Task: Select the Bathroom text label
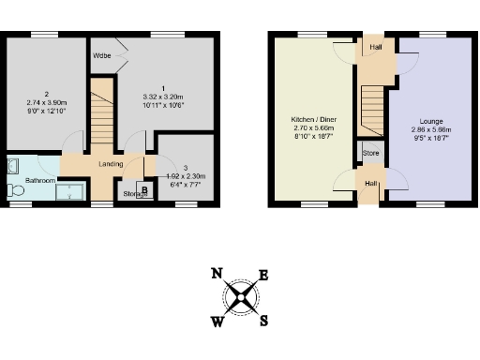[39, 179]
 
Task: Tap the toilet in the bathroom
[14, 190]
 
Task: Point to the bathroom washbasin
[13, 166]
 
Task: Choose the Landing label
[111, 164]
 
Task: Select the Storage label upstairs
[135, 194]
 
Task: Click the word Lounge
[430, 122]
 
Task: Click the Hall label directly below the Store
[370, 184]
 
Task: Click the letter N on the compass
[217, 274]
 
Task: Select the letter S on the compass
[263, 320]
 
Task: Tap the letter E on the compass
[263, 275]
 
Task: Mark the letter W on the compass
[217, 322]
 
